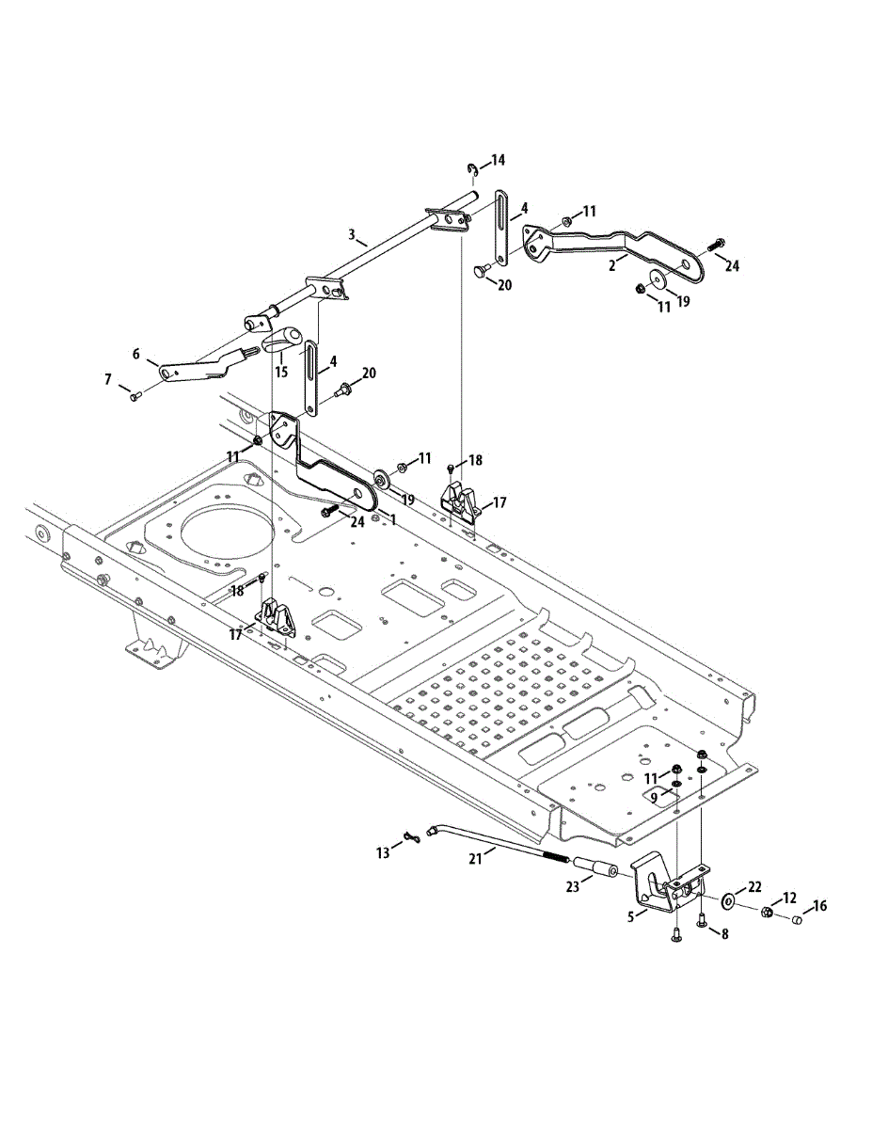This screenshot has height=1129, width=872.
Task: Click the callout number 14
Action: pos(497,160)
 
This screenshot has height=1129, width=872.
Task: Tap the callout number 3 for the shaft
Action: pos(351,233)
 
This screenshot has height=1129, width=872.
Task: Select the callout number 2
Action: pos(611,266)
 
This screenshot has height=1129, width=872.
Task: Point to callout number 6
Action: pos(136,354)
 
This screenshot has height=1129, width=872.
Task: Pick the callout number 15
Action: pos(280,372)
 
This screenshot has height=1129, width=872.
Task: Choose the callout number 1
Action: pos(392,518)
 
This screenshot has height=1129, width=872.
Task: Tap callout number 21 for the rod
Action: pos(475,858)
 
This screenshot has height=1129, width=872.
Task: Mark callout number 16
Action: pos(819,906)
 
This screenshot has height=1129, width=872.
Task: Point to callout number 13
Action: pos(382,852)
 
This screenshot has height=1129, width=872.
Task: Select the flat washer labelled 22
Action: pos(728,902)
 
